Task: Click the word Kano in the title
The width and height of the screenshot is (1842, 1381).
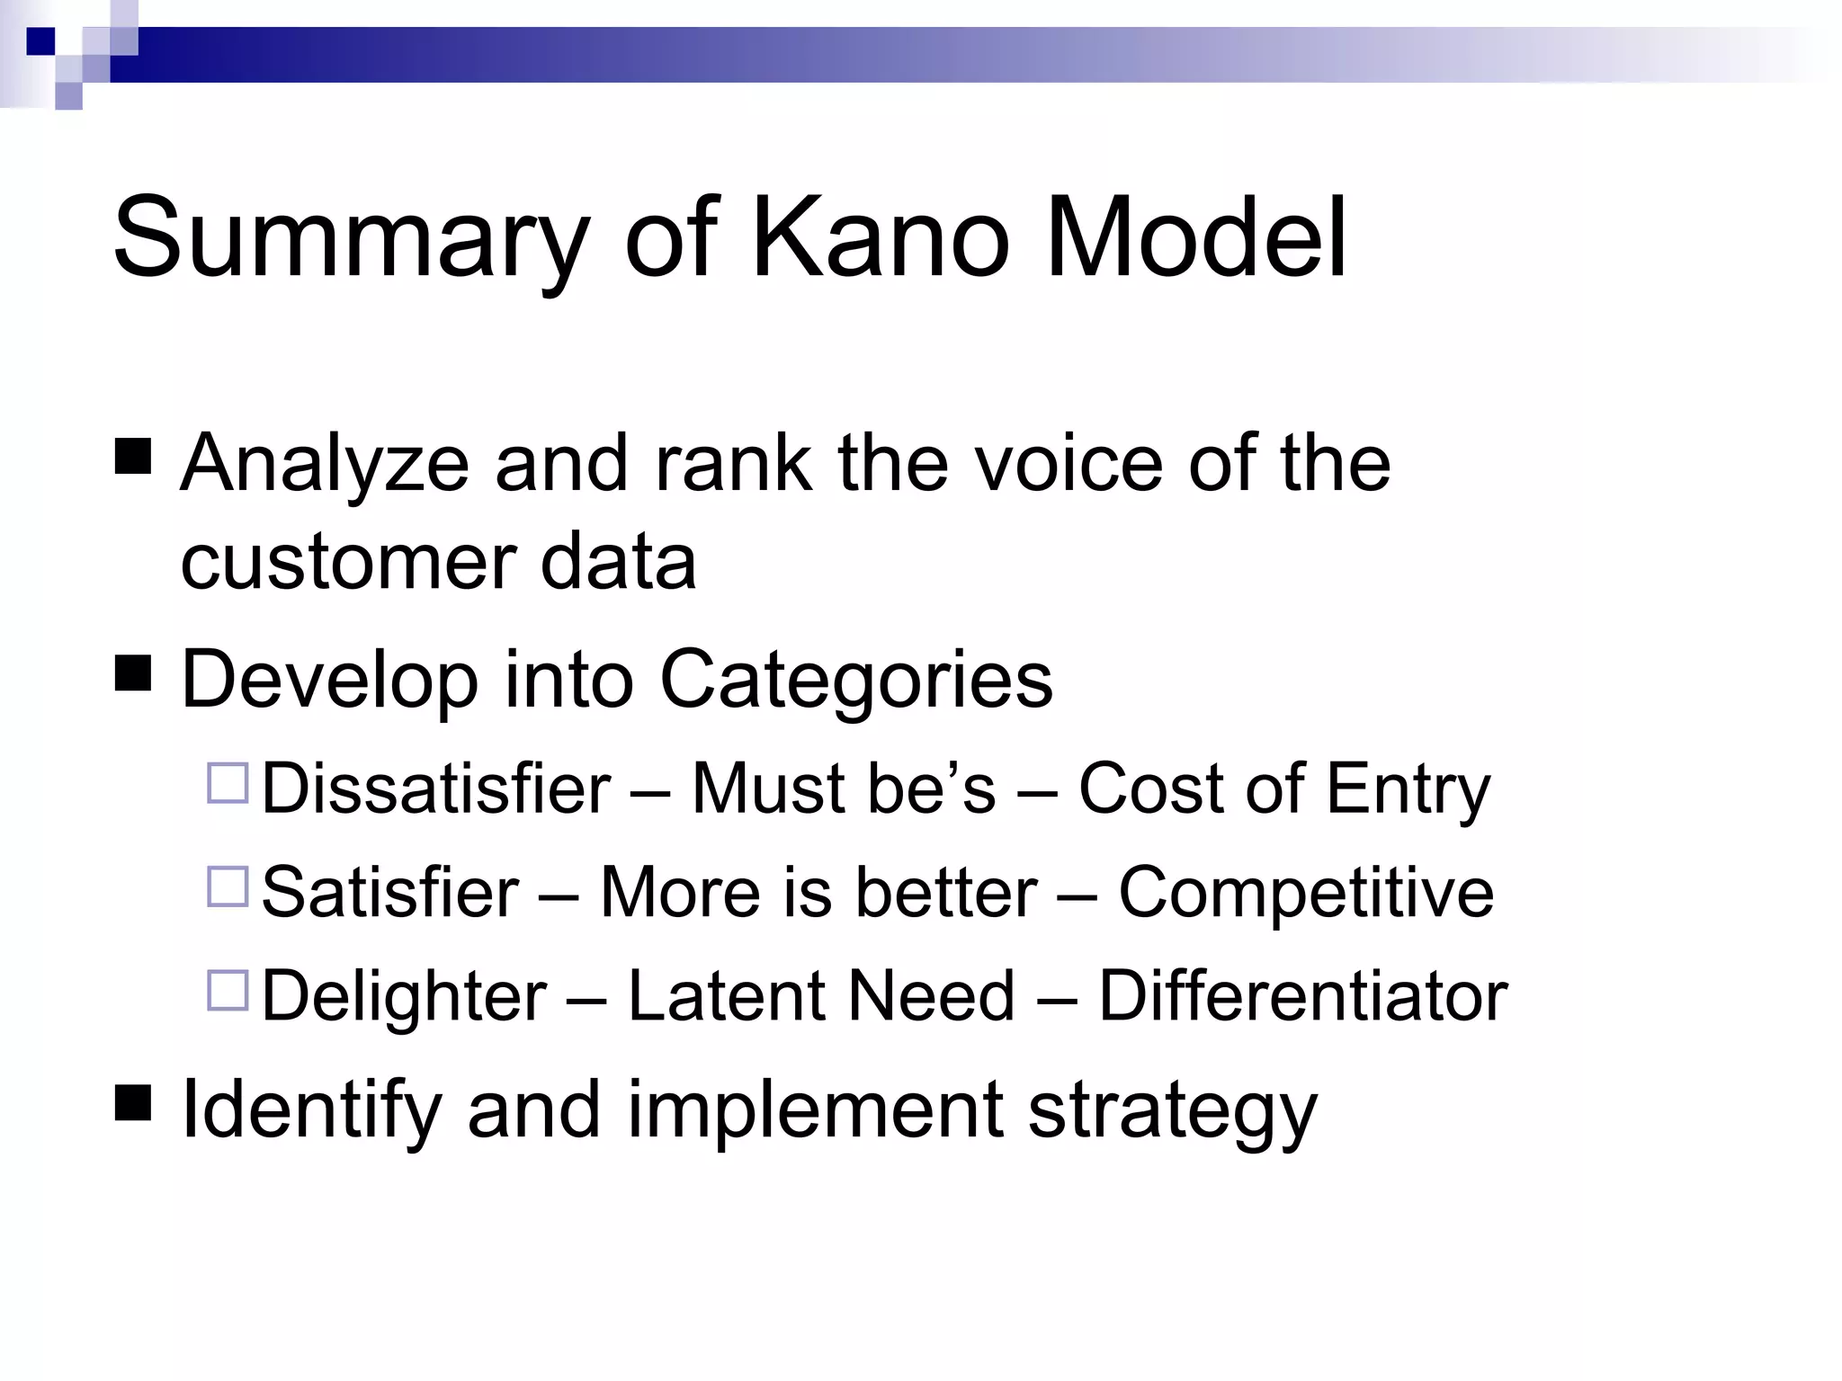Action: point(880,238)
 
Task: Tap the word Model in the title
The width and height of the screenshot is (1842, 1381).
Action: point(1196,238)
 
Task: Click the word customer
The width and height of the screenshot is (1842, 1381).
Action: point(347,562)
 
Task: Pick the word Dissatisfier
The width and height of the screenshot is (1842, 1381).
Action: point(436,789)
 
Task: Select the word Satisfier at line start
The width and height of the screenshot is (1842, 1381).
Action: point(390,892)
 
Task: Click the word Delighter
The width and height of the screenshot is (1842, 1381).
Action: point(404,996)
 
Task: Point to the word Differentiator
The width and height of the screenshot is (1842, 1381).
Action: point(1302,996)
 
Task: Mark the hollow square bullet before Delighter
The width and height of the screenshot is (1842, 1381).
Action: point(228,990)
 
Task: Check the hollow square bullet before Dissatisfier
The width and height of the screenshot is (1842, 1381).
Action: point(228,782)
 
